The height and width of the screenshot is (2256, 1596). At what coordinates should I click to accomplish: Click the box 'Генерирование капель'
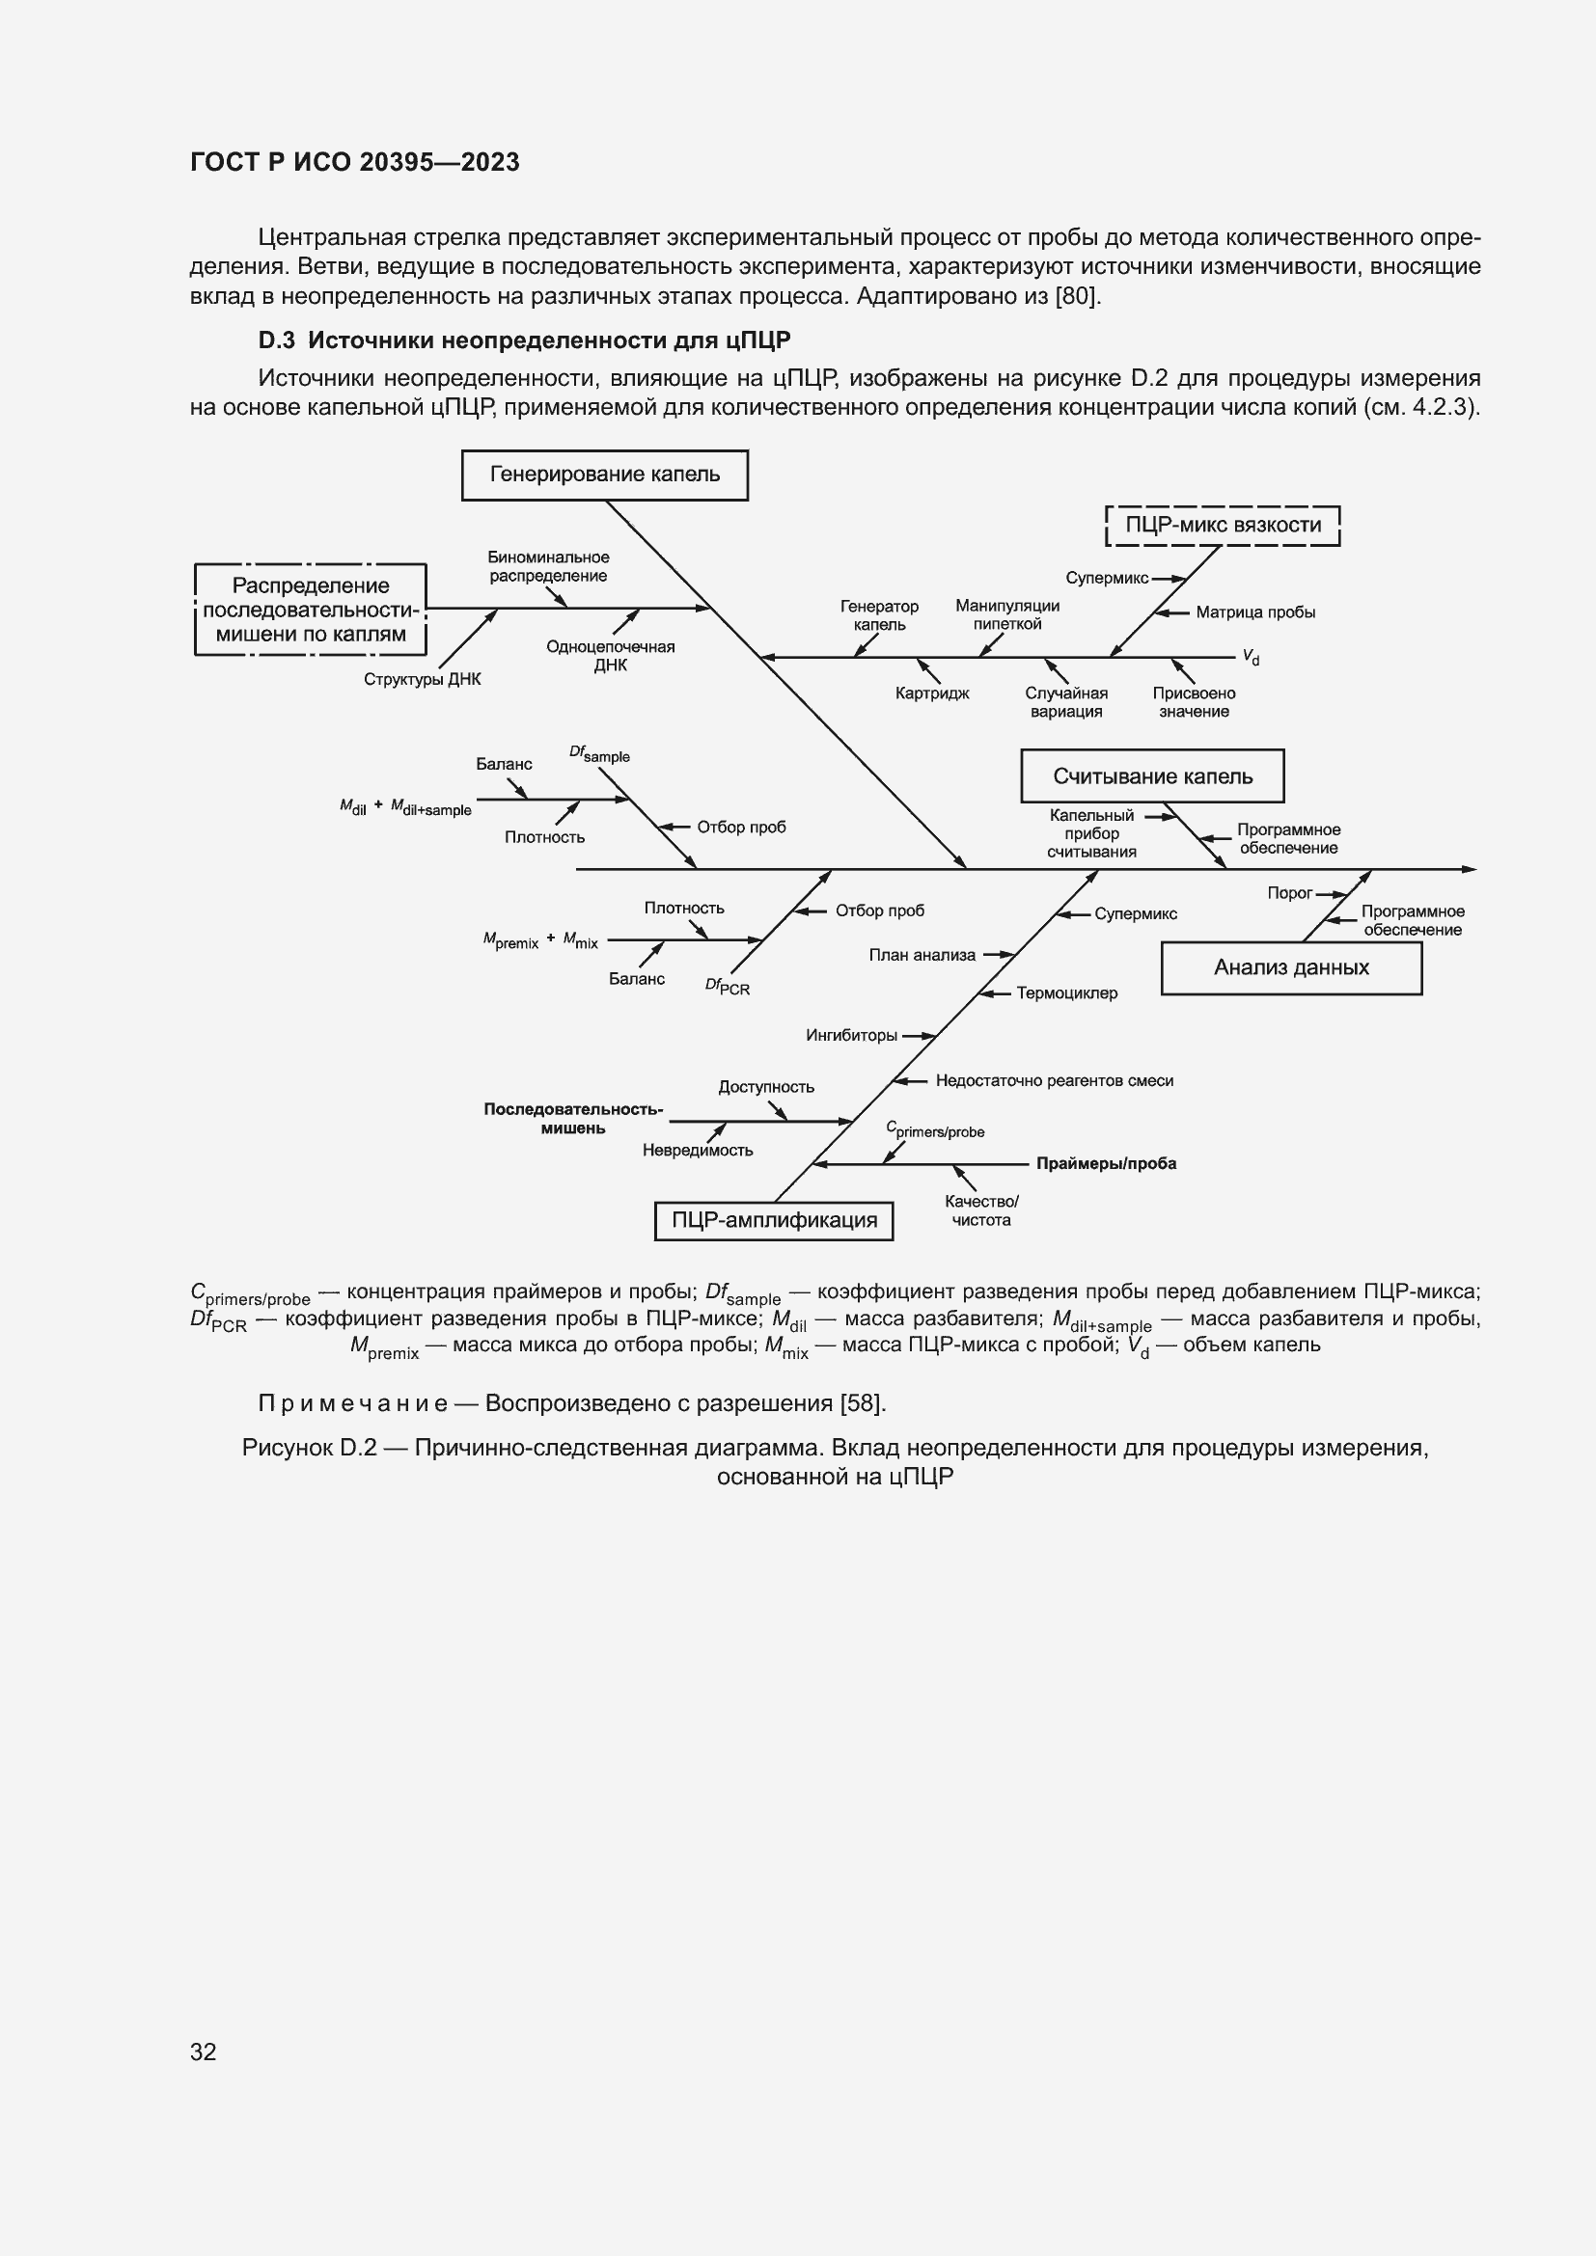604,475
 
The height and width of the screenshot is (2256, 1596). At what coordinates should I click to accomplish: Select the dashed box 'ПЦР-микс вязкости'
1223,525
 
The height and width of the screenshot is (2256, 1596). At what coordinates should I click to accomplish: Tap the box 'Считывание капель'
1152,776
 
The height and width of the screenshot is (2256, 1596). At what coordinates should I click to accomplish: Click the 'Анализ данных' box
1290,967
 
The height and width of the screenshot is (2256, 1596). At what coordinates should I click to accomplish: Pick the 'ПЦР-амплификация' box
774,1220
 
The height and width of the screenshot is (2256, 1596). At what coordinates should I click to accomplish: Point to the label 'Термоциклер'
1066,993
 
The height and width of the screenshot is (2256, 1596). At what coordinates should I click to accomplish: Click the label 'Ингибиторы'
851,1036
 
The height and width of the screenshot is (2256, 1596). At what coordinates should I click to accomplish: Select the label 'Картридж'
932,693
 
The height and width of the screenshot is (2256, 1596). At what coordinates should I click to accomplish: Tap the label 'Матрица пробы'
1255,612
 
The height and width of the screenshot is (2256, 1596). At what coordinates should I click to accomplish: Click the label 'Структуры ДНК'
422,680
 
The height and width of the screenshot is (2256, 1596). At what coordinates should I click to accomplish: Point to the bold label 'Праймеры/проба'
1106,1163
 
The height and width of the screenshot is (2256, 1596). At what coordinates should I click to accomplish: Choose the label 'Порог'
1289,893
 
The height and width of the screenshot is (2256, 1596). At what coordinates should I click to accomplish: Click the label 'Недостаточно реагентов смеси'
1054,1081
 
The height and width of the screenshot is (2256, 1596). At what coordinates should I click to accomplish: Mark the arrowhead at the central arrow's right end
1470,870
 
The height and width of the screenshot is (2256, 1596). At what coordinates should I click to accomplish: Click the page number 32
204,2052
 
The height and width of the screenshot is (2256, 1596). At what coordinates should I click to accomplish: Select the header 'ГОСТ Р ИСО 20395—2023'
355,162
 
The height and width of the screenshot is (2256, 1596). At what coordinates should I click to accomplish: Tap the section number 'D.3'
276,340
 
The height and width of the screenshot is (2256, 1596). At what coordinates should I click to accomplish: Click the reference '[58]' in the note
862,1403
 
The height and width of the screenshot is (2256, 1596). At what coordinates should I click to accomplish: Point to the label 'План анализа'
922,955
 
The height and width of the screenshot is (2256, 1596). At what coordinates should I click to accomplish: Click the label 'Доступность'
765,1087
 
